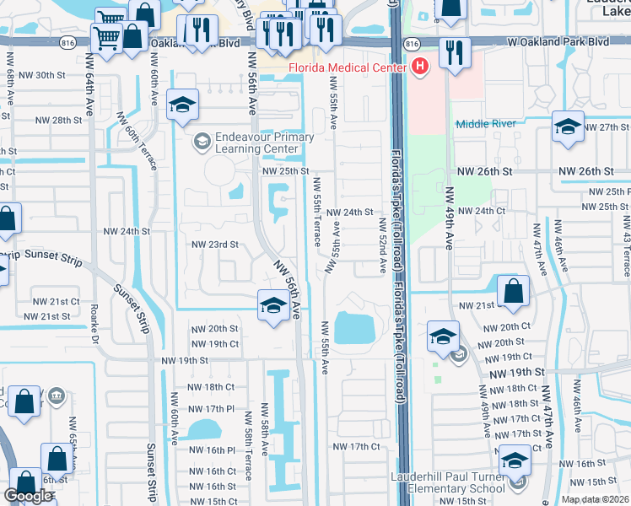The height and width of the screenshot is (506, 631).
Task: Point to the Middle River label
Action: click(485, 124)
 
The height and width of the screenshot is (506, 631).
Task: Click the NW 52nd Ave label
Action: click(382, 245)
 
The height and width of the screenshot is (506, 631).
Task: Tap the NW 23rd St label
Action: click(215, 245)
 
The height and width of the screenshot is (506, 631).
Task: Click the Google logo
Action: click(28, 496)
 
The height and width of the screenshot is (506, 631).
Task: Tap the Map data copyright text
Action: click(596, 499)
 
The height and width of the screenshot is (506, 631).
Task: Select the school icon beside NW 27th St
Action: click(568, 126)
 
